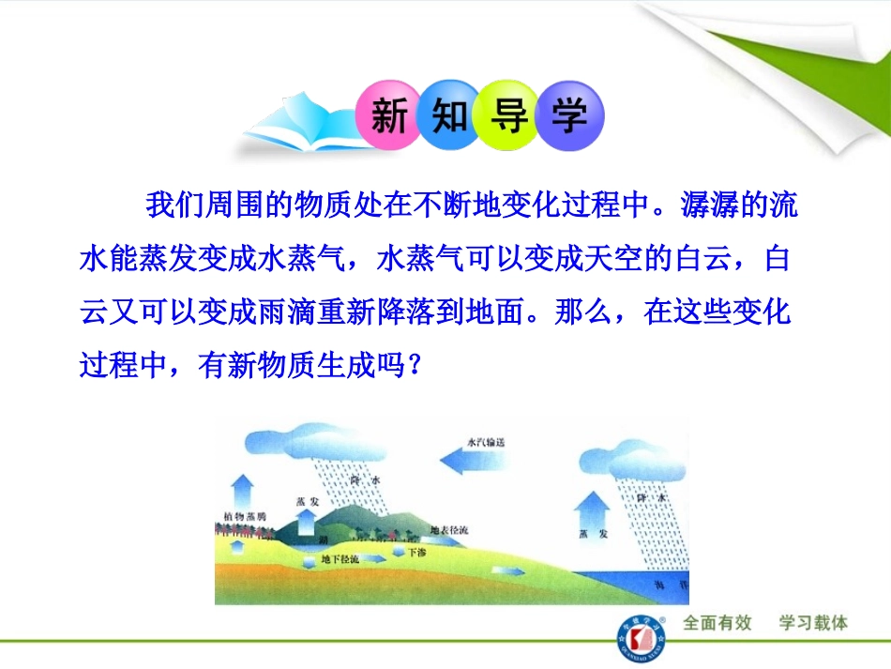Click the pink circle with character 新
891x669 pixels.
(388, 116)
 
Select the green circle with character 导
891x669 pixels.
(507, 116)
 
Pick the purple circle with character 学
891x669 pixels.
(568, 116)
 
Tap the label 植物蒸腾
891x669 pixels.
(246, 516)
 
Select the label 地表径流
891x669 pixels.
(449, 530)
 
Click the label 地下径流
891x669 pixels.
(340, 559)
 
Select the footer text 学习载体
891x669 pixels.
(813, 623)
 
